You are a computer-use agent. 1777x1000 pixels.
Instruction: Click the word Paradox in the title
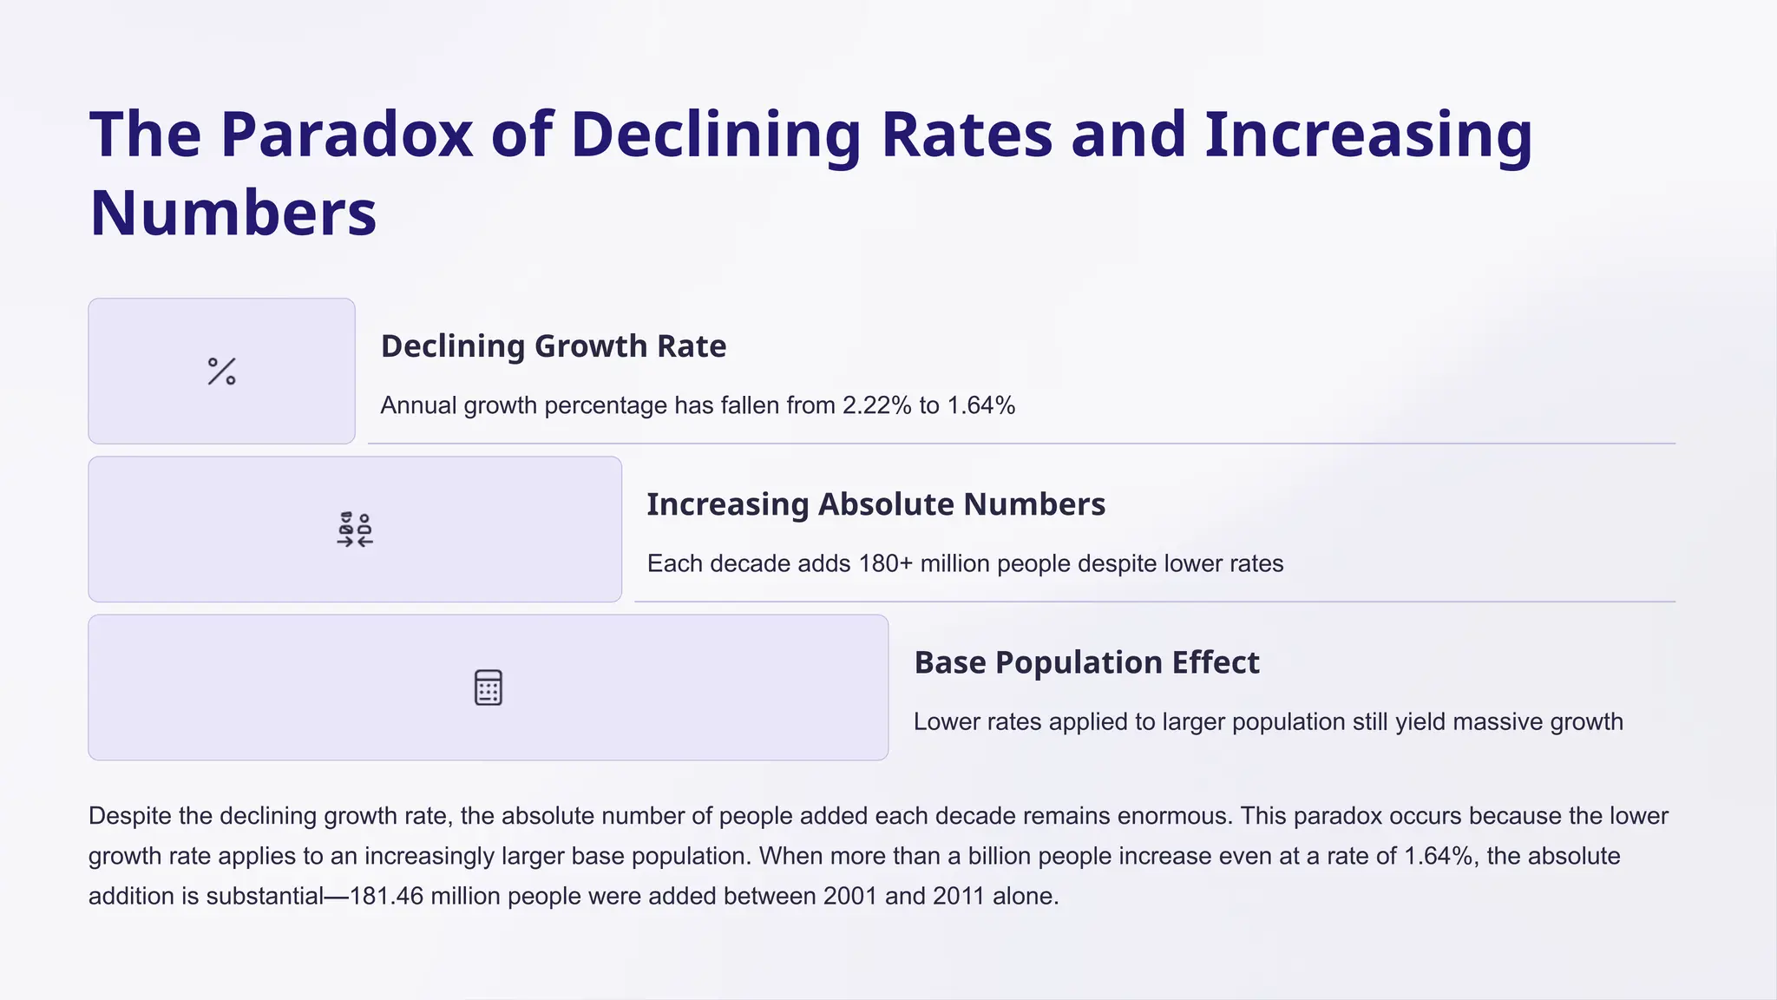(346, 135)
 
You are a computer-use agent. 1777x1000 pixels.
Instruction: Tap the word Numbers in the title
(233, 214)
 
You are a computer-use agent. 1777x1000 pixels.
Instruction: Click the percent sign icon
(222, 372)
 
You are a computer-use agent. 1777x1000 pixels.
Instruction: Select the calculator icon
(489, 687)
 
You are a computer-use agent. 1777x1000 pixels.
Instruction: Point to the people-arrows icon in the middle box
(355, 530)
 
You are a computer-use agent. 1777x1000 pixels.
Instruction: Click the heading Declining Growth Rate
(553, 346)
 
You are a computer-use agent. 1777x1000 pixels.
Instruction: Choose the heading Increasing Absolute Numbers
(875, 504)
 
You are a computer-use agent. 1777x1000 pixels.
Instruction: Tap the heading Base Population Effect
(1086, 662)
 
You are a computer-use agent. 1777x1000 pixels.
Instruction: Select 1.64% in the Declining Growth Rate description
(980, 405)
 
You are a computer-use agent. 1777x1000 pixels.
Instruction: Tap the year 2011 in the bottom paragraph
(960, 896)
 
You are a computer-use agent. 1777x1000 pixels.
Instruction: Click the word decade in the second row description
(754, 563)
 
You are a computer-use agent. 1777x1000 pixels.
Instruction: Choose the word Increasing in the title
(1368, 135)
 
